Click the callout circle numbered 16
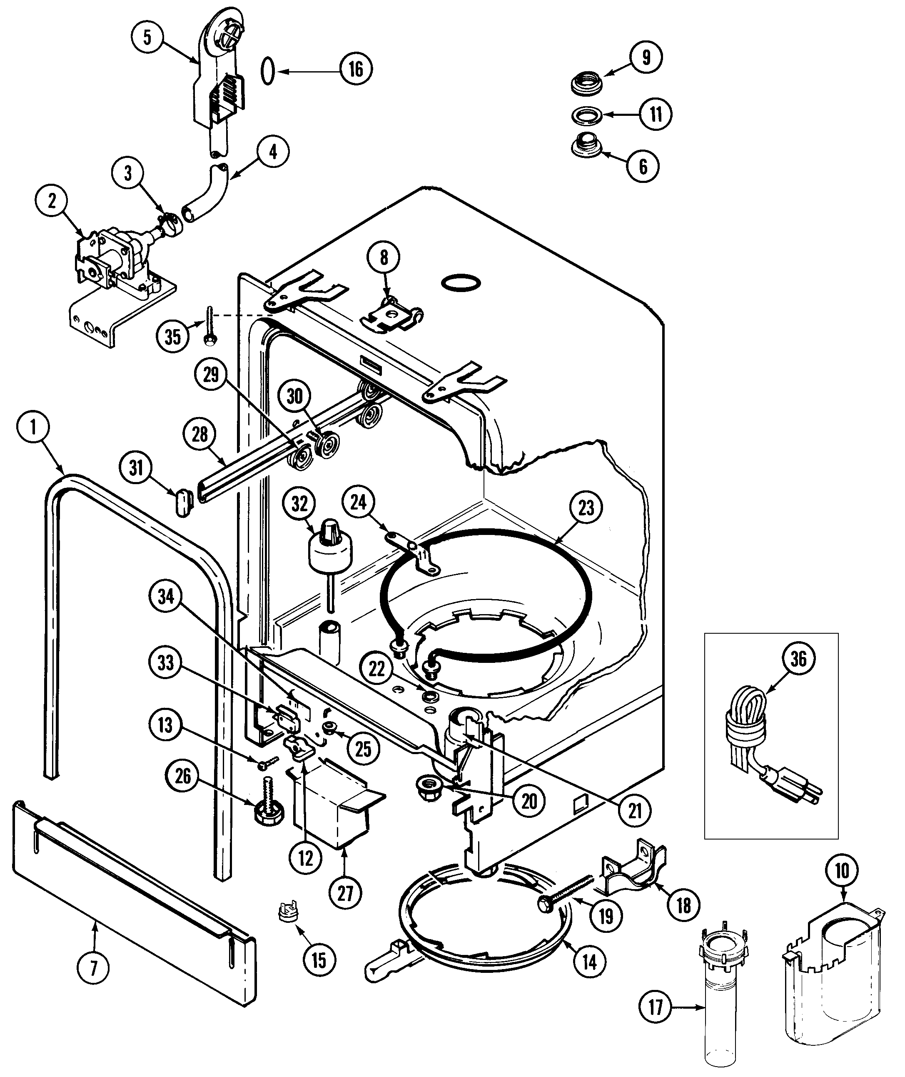point(356,69)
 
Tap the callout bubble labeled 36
point(798,658)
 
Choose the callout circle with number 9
point(646,57)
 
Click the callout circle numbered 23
point(586,508)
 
